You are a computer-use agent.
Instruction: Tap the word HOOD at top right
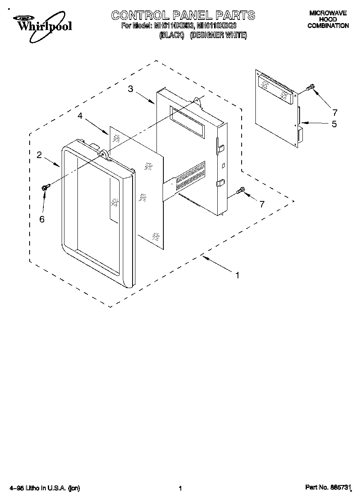pyautogui.click(x=328, y=19)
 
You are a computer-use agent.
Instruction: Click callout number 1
pyautogui.click(x=238, y=275)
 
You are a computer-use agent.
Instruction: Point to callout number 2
pyautogui.click(x=39, y=155)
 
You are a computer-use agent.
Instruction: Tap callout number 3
pyautogui.click(x=131, y=89)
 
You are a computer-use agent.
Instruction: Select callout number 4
pyautogui.click(x=80, y=116)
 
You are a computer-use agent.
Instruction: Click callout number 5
pyautogui.click(x=334, y=124)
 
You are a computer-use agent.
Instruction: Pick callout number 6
pyautogui.click(x=42, y=219)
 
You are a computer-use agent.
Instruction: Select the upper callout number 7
pyautogui.click(x=334, y=112)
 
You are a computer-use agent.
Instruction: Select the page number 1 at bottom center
pyautogui.click(x=180, y=489)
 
